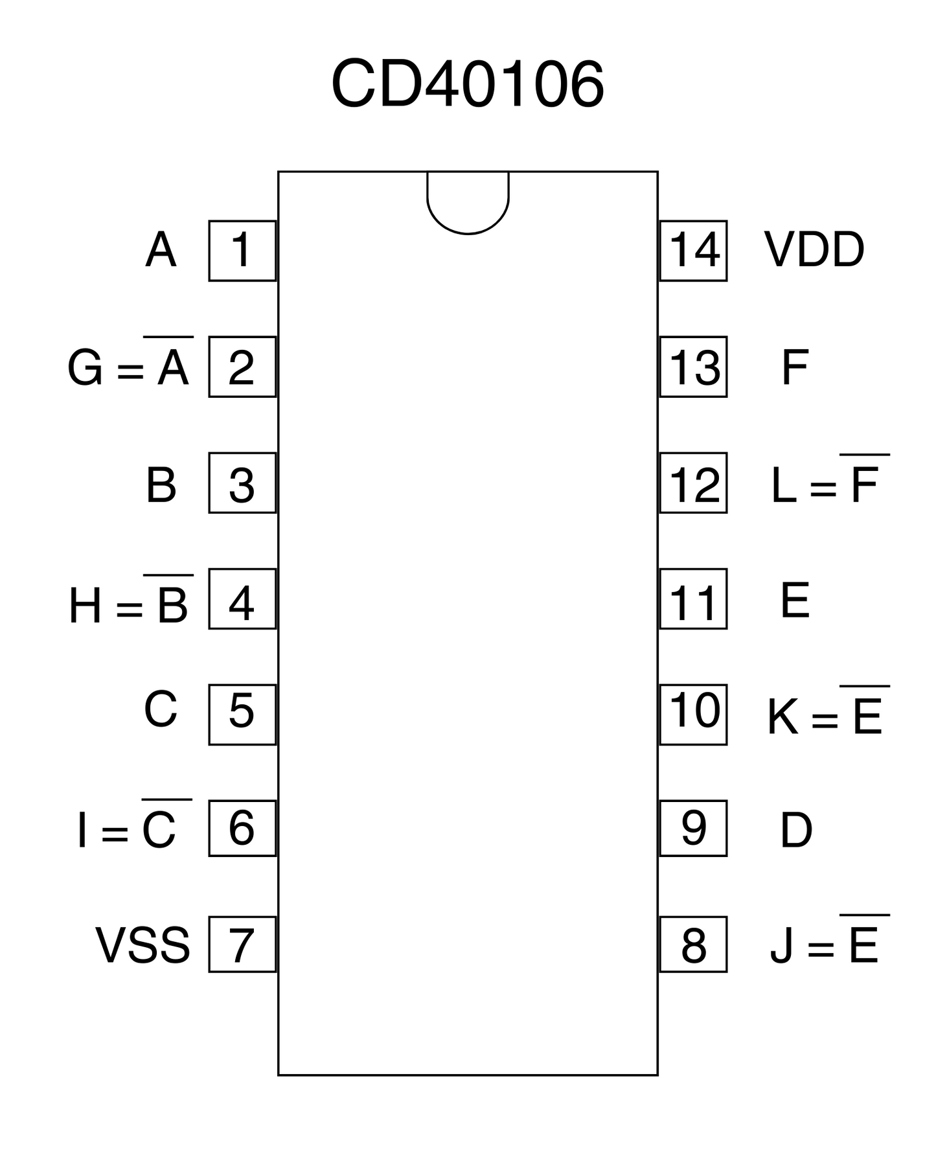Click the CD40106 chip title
tap(467, 84)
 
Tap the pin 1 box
tap(242, 251)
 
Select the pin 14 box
tap(693, 251)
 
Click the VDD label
tap(814, 250)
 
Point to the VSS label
tap(143, 945)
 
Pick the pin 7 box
tap(242, 945)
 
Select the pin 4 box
tap(242, 599)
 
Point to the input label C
tap(161, 709)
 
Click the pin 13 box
tap(693, 367)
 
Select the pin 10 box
tap(693, 714)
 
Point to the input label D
tap(796, 830)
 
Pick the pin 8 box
tap(693, 945)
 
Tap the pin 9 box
tap(693, 828)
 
